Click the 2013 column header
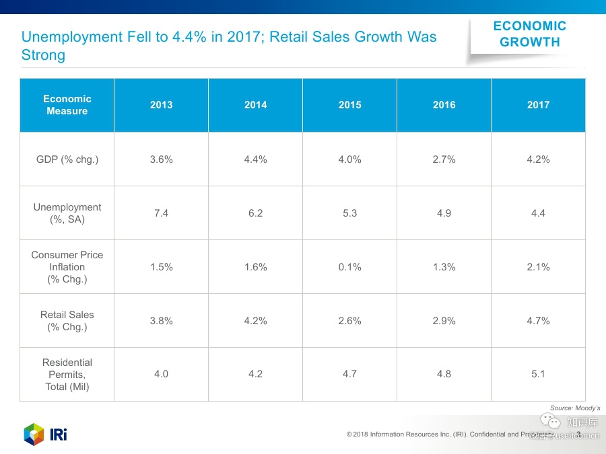[x=161, y=105]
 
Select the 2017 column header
[x=538, y=105]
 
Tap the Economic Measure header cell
[x=67, y=105]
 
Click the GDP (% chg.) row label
[x=67, y=159]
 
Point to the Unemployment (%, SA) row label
[x=67, y=213]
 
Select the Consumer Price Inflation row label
[x=67, y=267]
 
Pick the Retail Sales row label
[x=67, y=321]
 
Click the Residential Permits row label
[x=67, y=375]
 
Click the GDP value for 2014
[x=255, y=159]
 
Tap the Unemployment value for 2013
[x=161, y=213]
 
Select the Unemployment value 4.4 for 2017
[x=538, y=213]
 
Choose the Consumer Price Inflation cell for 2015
[x=349, y=267]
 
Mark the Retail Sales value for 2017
[x=538, y=321]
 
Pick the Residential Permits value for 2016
[x=444, y=375]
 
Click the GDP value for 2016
[x=444, y=159]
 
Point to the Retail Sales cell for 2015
[x=349, y=321]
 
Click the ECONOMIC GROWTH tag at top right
[x=529, y=34]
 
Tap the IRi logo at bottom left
[x=45, y=434]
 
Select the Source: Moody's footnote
[x=574, y=408]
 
